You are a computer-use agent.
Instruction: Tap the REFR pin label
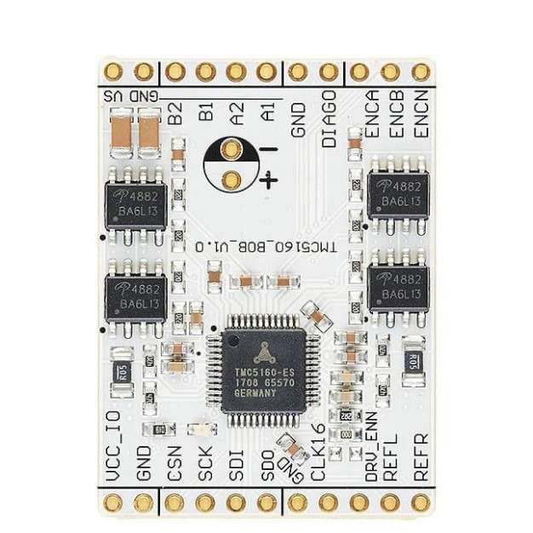tap(420, 459)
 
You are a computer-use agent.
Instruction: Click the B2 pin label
tap(175, 112)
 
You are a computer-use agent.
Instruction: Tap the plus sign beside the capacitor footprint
tap(269, 179)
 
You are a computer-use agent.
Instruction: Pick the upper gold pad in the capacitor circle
tap(230, 152)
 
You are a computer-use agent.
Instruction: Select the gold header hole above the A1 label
tap(266, 71)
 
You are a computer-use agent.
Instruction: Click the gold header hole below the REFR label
tap(420, 502)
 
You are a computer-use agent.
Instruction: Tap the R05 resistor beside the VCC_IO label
tap(122, 369)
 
